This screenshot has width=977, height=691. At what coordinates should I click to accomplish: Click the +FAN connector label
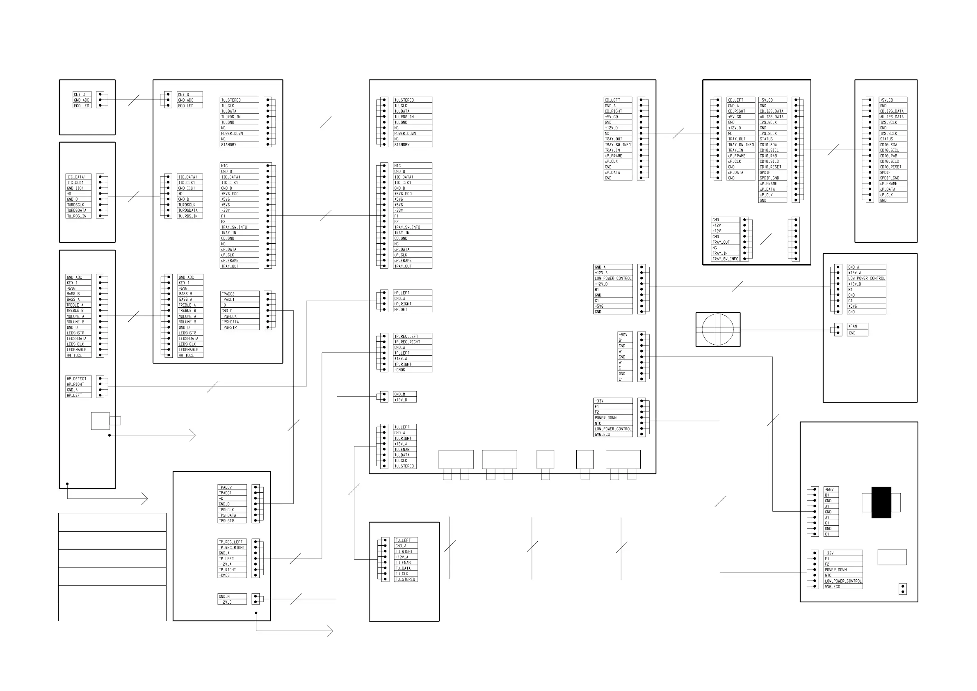tap(853, 327)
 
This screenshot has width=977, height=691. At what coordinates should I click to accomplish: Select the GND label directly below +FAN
tap(852, 333)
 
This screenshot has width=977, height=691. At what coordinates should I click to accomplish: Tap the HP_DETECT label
tap(77, 378)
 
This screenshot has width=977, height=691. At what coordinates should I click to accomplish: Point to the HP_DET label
tap(400, 309)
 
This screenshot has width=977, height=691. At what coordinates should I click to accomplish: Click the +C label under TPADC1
tap(221, 499)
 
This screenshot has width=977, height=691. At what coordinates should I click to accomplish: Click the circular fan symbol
tap(718, 329)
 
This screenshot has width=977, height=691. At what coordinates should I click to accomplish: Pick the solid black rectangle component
tap(881, 502)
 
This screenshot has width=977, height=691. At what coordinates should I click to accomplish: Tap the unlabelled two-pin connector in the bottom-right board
tap(902, 589)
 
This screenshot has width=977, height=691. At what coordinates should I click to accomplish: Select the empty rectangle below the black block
tap(892, 557)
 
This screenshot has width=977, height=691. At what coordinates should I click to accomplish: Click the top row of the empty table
tap(112, 522)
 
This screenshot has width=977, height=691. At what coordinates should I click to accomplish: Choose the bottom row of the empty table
tap(112, 612)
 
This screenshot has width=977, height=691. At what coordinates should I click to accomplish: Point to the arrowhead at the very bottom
tap(330, 631)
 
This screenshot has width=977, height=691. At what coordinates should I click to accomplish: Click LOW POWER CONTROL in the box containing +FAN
tap(866, 279)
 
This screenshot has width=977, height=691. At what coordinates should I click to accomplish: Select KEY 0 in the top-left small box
tap(79, 94)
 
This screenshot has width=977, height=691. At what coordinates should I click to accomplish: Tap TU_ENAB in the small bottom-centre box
tap(402, 563)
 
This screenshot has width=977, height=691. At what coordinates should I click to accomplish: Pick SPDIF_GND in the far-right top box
tap(890, 178)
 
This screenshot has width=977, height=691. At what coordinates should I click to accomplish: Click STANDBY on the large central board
tap(402, 145)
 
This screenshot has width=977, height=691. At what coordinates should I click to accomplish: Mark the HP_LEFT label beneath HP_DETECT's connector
tap(74, 396)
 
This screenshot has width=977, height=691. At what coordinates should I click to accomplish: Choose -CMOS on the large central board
tap(399, 370)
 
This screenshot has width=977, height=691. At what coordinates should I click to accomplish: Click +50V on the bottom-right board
tap(830, 490)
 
